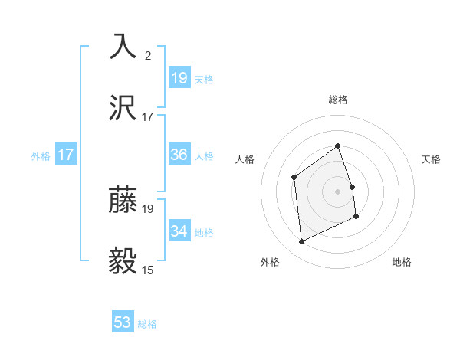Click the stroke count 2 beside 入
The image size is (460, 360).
[148, 55]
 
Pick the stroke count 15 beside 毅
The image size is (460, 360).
[148, 270]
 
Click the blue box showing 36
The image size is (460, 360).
[179, 155]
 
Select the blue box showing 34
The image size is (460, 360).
[179, 231]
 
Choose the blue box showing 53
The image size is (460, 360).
[123, 322]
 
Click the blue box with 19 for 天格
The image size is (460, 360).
[179, 78]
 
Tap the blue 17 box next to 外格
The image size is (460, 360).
[66, 155]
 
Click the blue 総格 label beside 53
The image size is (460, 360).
[147, 324]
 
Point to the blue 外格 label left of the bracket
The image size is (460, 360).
[41, 155]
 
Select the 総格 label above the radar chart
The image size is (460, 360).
[337, 100]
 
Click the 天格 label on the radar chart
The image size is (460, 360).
[431, 159]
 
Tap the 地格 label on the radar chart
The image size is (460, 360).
[402, 262]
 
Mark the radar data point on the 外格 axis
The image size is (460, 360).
[301, 242]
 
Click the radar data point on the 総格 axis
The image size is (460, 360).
[337, 146]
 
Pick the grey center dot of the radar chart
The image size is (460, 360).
[337, 191]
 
